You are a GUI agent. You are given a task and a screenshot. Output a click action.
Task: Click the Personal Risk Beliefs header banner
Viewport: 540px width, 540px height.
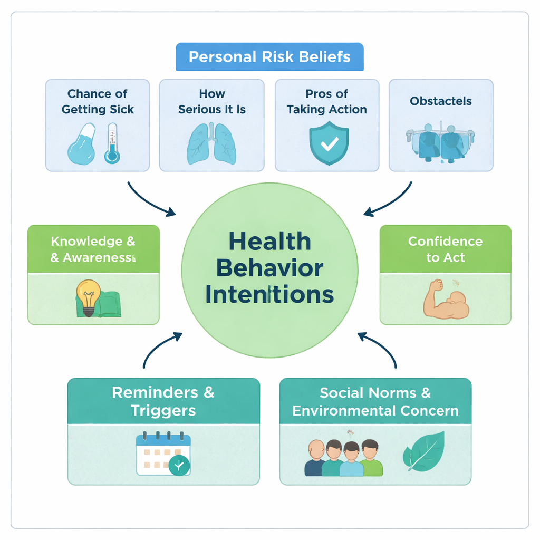tap(269, 57)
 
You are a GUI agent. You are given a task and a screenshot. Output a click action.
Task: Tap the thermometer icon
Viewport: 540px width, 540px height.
tap(112, 143)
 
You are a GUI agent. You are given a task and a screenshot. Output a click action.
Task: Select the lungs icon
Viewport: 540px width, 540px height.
tap(211, 143)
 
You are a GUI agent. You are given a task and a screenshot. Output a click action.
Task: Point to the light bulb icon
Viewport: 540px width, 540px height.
tap(88, 296)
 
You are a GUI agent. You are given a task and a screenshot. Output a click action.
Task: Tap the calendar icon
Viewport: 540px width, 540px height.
tap(163, 454)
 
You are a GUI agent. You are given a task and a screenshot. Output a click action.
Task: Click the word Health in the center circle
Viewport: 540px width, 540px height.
tap(269, 242)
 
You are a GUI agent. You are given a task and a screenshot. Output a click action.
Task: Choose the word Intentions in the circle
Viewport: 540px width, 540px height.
tap(269, 294)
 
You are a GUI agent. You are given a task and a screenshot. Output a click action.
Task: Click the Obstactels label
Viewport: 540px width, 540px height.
tap(441, 101)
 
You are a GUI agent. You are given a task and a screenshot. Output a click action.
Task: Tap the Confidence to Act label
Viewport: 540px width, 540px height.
tap(446, 249)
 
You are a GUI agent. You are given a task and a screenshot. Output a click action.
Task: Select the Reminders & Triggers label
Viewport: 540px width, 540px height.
tap(163, 401)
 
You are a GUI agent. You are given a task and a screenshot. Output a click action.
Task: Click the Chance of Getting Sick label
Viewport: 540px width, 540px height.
tap(98, 102)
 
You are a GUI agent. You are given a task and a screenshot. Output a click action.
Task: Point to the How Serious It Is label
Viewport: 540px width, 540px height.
tap(212, 102)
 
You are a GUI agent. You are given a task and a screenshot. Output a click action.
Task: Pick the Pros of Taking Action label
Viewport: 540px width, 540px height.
tap(327, 102)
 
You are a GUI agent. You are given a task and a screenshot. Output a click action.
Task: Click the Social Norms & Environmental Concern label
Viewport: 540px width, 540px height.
tap(375, 401)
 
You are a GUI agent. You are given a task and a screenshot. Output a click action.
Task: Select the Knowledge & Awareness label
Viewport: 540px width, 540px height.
tap(93, 249)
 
